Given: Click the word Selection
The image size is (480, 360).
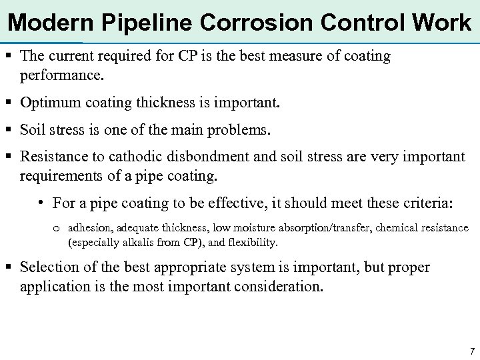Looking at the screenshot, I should pos(49,268).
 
